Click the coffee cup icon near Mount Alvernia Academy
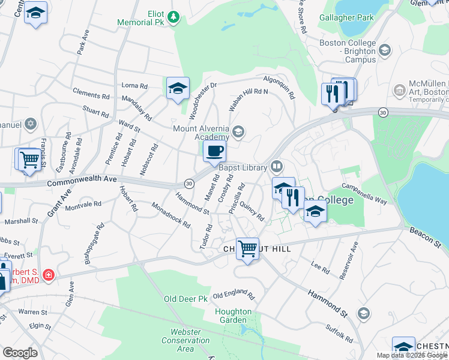[x=214, y=151]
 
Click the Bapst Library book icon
[x=276, y=166]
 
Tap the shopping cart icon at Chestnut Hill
[x=247, y=248]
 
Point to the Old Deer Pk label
[x=185, y=298]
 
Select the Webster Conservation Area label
[x=185, y=340]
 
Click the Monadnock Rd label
[x=171, y=215]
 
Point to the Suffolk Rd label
[x=339, y=333]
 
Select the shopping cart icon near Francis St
[x=29, y=160]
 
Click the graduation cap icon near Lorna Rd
[x=178, y=88]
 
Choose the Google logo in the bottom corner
[x=20, y=353]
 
